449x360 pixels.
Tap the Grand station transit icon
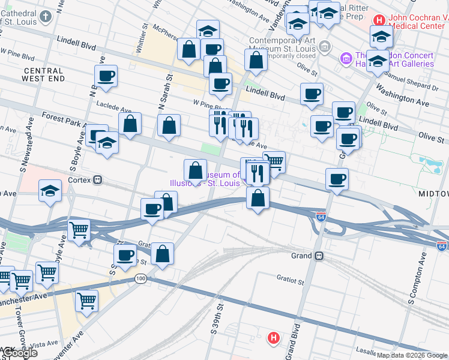[319, 256]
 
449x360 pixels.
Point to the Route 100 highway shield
[141, 278]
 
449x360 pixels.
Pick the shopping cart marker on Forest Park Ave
[274, 161]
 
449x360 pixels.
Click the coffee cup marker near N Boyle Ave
[106, 76]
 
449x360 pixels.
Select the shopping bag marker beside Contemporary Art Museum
[256, 60]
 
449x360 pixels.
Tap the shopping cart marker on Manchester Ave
[86, 300]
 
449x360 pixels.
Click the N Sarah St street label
[161, 97]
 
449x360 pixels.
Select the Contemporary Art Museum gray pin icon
[325, 46]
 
